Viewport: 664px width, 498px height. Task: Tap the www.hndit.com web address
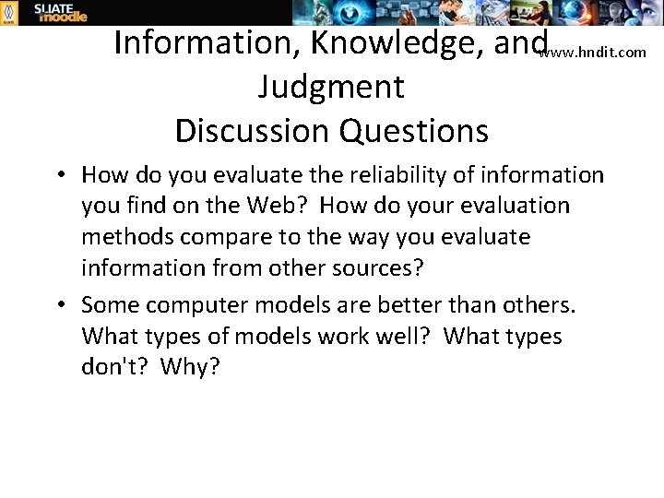click(x=593, y=53)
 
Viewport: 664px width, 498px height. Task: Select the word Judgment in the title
click(x=331, y=87)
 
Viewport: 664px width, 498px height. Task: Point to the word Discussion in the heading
click(x=252, y=130)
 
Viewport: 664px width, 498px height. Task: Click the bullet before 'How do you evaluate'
click(x=58, y=175)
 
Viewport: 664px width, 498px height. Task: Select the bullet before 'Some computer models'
click(x=58, y=305)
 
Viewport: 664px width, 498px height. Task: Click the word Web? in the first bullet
click(x=275, y=206)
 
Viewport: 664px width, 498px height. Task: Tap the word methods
click(x=127, y=237)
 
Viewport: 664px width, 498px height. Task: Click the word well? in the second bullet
click(x=393, y=337)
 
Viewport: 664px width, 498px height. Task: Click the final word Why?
click(x=190, y=368)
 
